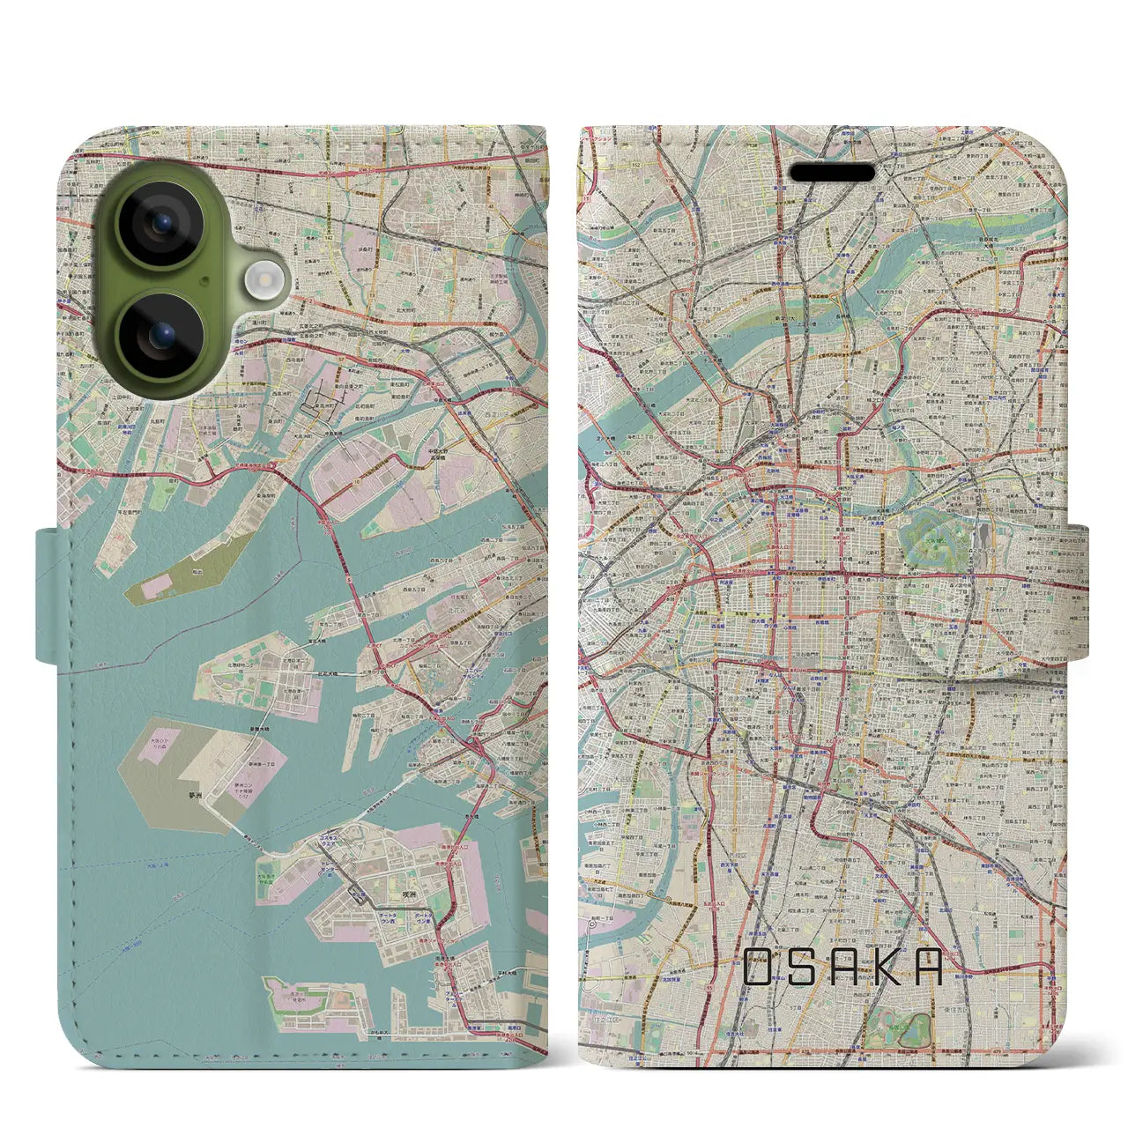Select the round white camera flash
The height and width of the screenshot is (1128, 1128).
pos(262,282)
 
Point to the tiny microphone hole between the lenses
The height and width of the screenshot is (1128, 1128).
pos(204,281)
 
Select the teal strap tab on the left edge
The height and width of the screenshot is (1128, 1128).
pos(49,595)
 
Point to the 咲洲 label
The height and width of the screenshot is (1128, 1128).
pos(407,893)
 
